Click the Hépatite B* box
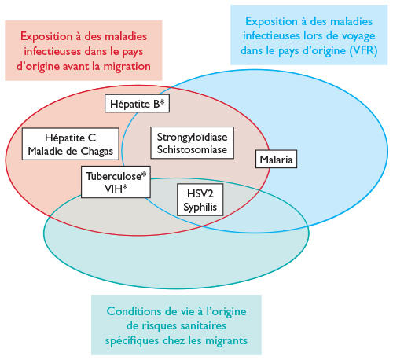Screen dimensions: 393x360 pyautogui.click(x=137, y=104)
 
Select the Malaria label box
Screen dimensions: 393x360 pyautogui.click(x=276, y=159)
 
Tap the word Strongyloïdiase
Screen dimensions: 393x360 pyautogui.click(x=192, y=138)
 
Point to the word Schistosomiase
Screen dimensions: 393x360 pyautogui.click(x=192, y=149)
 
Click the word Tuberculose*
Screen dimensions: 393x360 pyautogui.click(x=116, y=176)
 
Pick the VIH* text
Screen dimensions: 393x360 pyautogui.click(x=116, y=189)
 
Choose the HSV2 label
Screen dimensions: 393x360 pyautogui.click(x=200, y=193)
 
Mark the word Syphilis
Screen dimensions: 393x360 pyautogui.click(x=200, y=207)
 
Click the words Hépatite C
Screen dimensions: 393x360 pyautogui.click(x=71, y=138)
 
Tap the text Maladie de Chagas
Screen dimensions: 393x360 pyautogui.click(x=71, y=151)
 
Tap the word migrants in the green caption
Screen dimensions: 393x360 pyautogui.click(x=226, y=340)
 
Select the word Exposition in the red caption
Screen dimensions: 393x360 pyautogui.click(x=46, y=36)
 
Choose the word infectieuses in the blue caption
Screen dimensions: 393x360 pyautogui.click(x=271, y=35)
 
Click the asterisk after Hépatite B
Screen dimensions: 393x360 pyautogui.click(x=162, y=101)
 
